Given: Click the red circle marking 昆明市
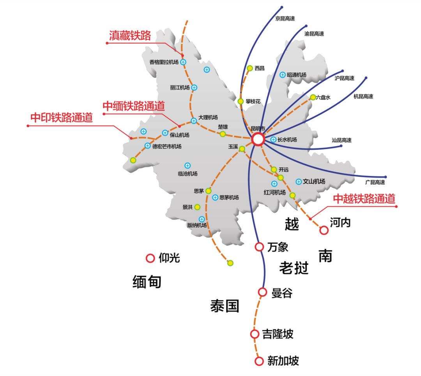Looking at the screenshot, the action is point(258,139).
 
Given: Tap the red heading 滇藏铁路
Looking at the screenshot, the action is point(130,35).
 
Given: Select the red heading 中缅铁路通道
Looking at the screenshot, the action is point(134,106).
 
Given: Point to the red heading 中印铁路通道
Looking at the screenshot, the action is point(62,118).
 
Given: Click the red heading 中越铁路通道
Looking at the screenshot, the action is point(364,199).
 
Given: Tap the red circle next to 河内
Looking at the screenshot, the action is point(324,230).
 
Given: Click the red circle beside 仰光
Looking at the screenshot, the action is point(150,258).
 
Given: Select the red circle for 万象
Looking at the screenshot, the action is point(259,247).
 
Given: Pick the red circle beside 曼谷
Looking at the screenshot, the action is point(262,292).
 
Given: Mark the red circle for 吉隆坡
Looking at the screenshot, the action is point(255,334).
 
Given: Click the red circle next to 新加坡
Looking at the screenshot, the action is point(259,361).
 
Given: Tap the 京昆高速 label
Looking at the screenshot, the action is point(285,19).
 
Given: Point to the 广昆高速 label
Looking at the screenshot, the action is point(375,183).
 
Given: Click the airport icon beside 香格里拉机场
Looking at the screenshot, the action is point(183,62).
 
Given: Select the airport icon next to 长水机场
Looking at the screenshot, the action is point(273,140).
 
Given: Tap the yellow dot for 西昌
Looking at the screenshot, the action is point(250,68).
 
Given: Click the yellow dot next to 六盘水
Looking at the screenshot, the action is point(313,97).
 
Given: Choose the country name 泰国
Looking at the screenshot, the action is point(225,306).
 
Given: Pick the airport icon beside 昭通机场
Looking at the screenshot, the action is point(283,75).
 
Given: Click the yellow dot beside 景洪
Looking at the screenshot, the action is point(197,207).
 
